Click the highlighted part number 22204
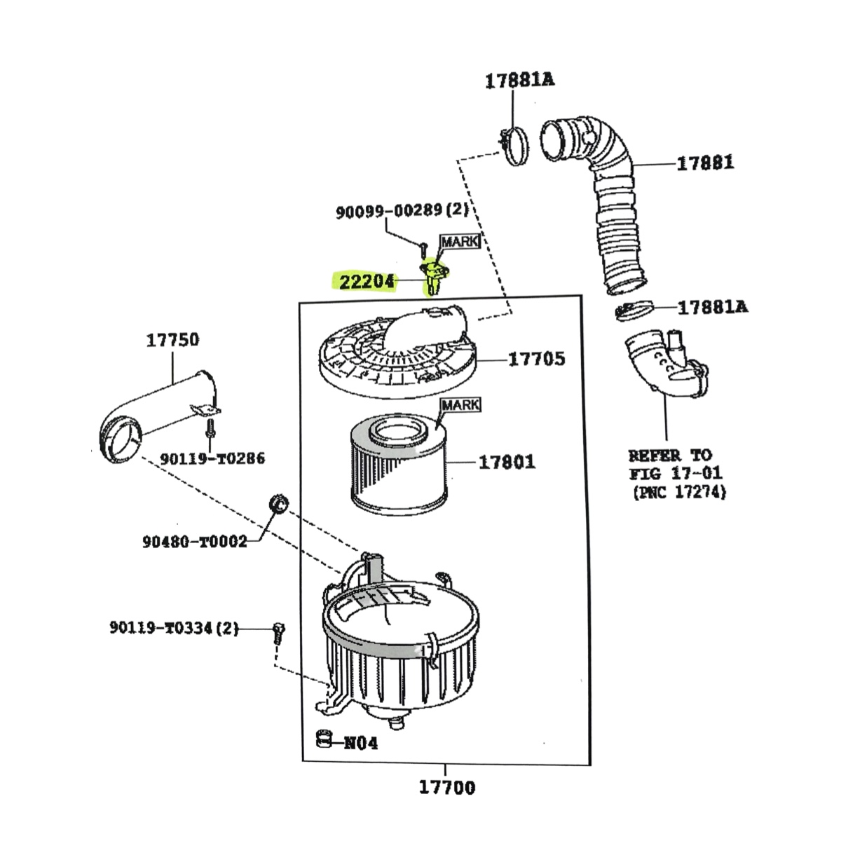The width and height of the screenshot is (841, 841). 367,282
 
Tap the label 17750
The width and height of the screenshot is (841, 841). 172,340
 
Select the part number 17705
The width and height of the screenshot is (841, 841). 536,359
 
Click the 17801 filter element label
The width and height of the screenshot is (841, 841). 507,462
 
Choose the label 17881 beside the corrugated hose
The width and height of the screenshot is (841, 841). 705,163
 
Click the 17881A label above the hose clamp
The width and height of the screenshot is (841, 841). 520,81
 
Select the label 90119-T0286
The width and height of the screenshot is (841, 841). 212,458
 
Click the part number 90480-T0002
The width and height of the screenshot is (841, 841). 195,542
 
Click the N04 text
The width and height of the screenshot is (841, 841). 361,743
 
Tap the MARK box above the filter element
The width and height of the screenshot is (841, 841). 461,405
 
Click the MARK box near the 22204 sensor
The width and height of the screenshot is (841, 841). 461,241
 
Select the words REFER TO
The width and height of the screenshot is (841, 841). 670,456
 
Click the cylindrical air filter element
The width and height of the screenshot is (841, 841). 399,465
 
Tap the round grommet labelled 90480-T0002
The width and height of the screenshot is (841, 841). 278,505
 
